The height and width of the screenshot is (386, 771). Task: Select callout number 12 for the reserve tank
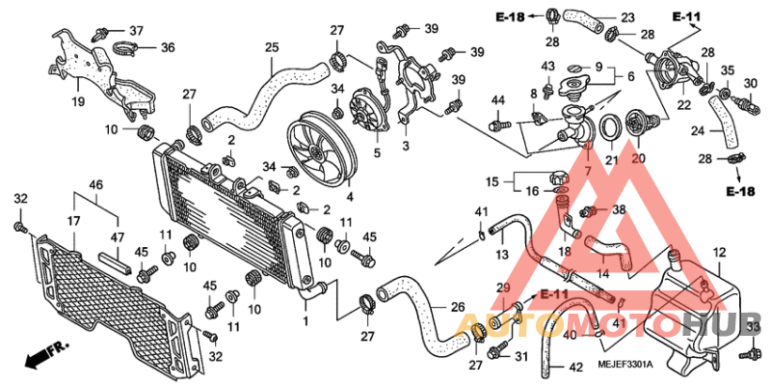tap(718, 253)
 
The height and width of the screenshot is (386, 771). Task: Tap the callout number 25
tap(272, 47)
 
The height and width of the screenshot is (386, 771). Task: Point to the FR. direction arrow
tap(44, 355)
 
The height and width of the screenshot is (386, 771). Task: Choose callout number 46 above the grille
tap(95, 184)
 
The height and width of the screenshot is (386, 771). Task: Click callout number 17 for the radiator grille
tap(74, 222)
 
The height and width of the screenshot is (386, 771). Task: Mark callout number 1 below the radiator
tap(306, 320)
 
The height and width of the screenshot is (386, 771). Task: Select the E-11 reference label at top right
tap(687, 17)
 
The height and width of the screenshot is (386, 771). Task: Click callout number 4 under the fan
tap(350, 197)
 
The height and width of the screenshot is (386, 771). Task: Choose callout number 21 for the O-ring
tap(610, 159)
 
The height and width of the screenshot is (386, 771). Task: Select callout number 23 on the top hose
tap(627, 17)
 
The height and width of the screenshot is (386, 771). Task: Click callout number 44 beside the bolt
tap(498, 101)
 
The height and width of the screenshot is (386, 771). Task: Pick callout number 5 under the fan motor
tap(377, 152)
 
